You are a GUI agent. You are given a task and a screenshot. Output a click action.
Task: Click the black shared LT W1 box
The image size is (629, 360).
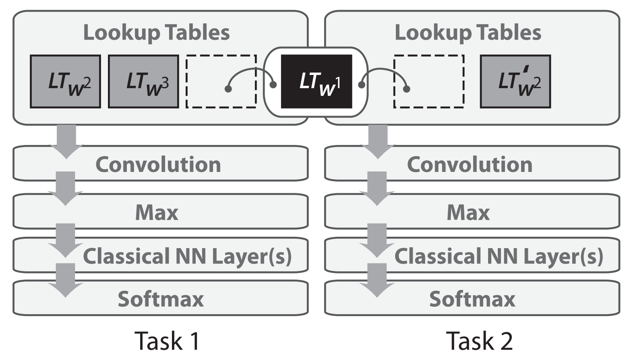(x=317, y=81)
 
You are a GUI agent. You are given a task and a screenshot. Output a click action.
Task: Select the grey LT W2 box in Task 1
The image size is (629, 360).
(x=65, y=81)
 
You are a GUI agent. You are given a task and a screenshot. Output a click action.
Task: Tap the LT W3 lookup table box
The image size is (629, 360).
(x=143, y=81)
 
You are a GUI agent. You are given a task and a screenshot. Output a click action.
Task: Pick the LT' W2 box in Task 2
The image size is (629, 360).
(x=515, y=81)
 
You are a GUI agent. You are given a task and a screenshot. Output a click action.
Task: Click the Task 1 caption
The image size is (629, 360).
(x=168, y=341)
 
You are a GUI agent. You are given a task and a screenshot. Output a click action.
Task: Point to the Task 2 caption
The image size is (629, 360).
(x=479, y=341)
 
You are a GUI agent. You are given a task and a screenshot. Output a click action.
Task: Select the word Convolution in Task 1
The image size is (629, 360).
(x=158, y=164)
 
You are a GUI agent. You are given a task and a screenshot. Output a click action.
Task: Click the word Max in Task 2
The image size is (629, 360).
(x=468, y=213)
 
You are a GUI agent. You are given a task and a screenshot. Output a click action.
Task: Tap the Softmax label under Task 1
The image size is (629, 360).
(x=161, y=299)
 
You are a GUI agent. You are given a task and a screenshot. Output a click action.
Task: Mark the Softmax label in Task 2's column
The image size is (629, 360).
(x=472, y=299)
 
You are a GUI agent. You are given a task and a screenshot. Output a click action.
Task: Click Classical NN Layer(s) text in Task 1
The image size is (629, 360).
(x=187, y=257)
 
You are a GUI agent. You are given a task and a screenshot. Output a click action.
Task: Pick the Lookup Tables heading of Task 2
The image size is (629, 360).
(x=468, y=33)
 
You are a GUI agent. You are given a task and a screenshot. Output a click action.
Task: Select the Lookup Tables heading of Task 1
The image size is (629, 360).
(x=156, y=33)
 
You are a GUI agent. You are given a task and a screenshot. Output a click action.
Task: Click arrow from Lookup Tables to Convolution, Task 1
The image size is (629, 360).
(x=66, y=142)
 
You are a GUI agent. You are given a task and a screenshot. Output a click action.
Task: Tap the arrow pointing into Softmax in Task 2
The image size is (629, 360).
(x=377, y=280)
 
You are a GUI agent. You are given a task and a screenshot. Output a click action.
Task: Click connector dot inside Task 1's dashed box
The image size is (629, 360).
(x=228, y=89)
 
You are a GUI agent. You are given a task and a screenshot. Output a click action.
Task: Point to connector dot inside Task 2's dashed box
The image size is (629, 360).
(x=406, y=89)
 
